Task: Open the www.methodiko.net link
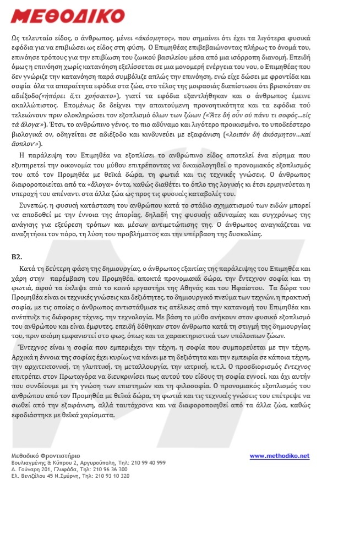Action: tap(280, 456)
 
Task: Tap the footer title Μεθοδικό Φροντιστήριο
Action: tap(46, 456)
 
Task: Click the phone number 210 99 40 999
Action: tap(148, 462)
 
